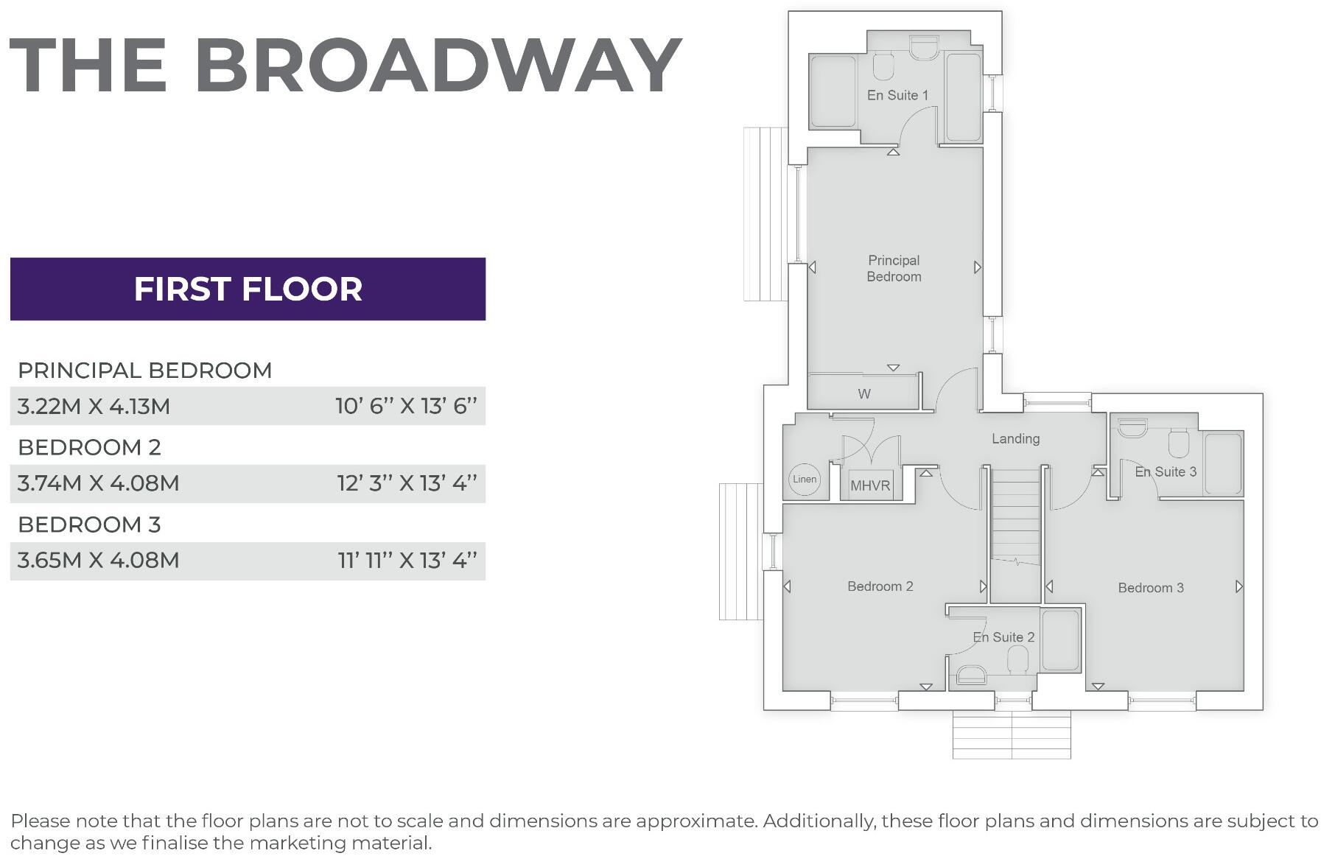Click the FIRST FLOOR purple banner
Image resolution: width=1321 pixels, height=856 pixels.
(x=248, y=289)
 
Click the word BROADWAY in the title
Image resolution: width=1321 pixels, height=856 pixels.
(x=438, y=66)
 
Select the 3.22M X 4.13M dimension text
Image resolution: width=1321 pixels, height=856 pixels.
(x=94, y=406)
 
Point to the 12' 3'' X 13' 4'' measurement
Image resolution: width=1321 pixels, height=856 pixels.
(x=407, y=483)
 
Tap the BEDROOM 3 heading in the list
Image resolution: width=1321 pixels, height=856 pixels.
(x=89, y=525)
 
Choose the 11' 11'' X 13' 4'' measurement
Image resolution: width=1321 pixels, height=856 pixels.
(x=407, y=561)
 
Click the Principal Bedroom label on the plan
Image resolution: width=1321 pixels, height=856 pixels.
(x=894, y=268)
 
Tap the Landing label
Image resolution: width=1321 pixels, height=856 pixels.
(x=1015, y=439)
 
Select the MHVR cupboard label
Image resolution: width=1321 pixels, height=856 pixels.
(x=870, y=486)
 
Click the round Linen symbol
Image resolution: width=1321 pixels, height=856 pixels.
(x=805, y=480)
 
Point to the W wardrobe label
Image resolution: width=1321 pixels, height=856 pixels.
(x=864, y=394)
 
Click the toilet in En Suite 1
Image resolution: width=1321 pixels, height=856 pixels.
(x=883, y=66)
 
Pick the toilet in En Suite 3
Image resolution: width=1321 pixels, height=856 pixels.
(x=1179, y=444)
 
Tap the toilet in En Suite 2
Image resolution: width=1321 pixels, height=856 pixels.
(x=1017, y=659)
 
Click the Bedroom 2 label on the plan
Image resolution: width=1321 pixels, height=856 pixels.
(x=880, y=586)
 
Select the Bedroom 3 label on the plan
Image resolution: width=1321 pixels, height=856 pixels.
(x=1150, y=588)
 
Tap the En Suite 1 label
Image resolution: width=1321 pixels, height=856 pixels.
(x=897, y=95)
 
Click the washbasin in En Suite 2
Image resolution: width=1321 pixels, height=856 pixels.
(x=971, y=674)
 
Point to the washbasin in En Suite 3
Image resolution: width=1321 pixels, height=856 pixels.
(x=1132, y=427)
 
